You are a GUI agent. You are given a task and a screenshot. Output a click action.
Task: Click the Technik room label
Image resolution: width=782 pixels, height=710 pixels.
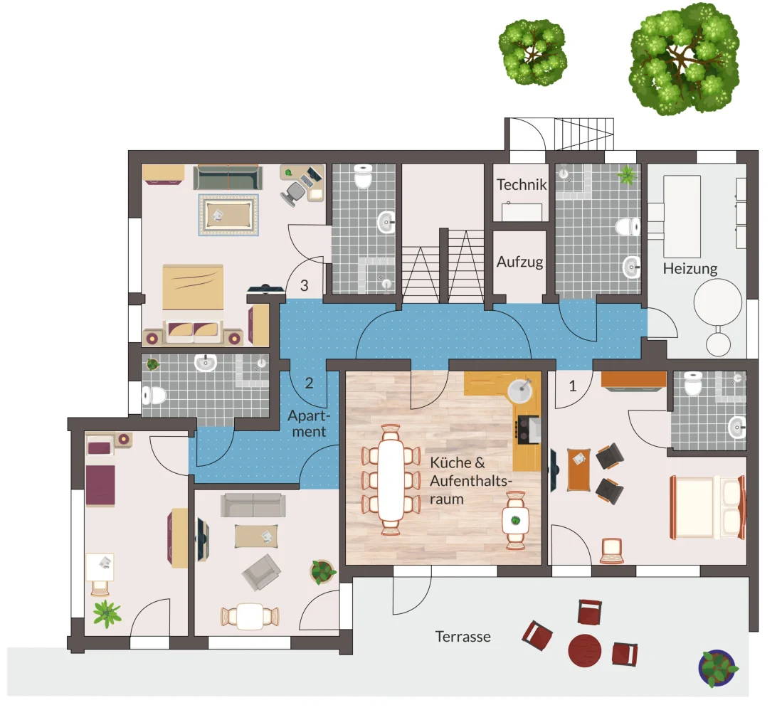(522, 185)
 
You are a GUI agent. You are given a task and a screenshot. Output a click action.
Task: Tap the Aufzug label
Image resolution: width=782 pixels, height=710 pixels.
(519, 263)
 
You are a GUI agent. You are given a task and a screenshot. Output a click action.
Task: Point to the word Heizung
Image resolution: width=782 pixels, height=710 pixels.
(690, 269)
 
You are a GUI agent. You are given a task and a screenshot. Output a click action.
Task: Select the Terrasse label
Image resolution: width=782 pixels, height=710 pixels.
(463, 637)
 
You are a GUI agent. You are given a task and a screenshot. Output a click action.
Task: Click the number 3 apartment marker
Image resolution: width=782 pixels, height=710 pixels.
(305, 286)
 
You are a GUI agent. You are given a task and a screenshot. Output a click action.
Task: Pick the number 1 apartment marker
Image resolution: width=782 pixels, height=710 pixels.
(573, 386)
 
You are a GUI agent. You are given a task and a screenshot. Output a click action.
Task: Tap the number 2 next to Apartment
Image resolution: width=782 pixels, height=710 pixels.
(310, 383)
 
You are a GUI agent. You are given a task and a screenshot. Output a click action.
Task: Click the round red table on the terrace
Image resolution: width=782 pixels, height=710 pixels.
(584, 650)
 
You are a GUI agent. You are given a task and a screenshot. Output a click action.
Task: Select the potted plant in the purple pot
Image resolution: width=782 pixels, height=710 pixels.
(717, 668)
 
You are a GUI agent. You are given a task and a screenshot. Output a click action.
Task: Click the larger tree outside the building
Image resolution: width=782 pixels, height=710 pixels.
(685, 59)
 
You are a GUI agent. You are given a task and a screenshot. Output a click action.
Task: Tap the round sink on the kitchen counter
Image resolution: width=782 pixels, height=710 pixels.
(521, 388)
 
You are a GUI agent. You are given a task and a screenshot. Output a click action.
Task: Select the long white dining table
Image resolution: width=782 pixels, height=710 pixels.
(391, 479)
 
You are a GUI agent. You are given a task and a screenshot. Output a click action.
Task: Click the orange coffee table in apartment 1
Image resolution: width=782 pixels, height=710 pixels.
(579, 470)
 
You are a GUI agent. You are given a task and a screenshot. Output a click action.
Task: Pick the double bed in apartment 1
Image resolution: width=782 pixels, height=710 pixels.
(707, 507)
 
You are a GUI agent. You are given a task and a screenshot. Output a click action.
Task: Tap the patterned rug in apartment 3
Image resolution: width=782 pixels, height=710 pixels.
(229, 214)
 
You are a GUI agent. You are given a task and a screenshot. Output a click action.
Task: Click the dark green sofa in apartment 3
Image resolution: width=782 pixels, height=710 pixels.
(228, 178)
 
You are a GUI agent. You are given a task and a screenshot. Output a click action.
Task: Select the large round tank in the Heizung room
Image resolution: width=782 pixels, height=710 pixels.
(718, 302)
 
